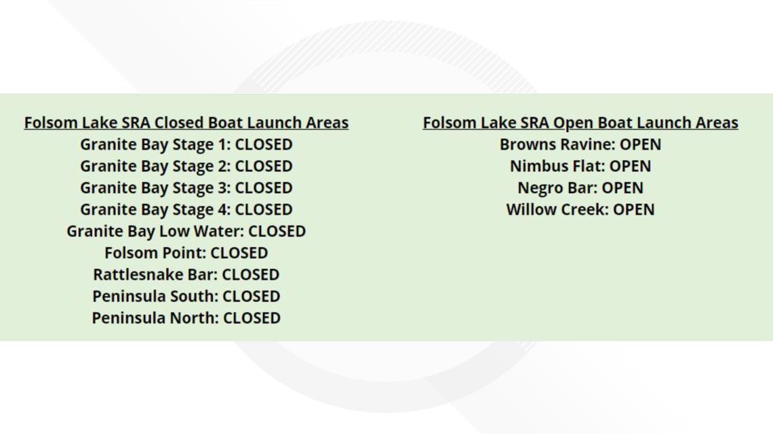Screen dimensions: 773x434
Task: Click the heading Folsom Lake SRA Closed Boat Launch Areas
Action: (186, 123)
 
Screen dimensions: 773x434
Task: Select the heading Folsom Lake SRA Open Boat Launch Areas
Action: (580, 123)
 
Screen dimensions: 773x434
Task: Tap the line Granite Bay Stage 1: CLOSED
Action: (186, 145)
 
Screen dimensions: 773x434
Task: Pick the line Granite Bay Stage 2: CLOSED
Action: (186, 167)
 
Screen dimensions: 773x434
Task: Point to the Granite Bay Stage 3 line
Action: (186, 188)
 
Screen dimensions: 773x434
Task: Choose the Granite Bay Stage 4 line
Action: (186, 210)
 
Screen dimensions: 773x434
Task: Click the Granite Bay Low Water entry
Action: (186, 232)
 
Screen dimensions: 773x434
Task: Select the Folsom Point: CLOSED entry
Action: (186, 253)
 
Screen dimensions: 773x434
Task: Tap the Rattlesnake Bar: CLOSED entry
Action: (186, 275)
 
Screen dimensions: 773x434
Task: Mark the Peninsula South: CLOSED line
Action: (186, 297)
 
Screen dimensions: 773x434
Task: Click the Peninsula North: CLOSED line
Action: (186, 318)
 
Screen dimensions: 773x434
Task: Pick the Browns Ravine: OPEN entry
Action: (580, 145)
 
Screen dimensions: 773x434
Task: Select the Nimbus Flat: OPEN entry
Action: (580, 167)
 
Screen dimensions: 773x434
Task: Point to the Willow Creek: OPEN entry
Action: (580, 210)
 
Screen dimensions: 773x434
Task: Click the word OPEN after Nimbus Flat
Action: (630, 167)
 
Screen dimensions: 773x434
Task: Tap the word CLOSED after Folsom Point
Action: (239, 253)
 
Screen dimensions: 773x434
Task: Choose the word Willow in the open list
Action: (530, 210)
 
